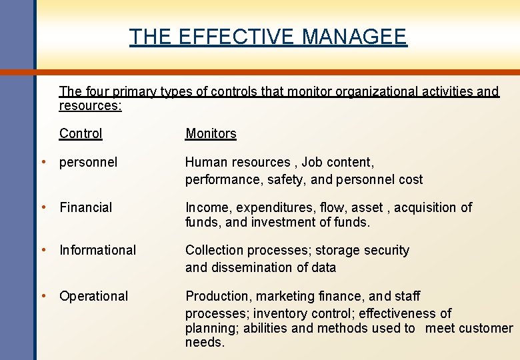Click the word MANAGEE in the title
point(354,37)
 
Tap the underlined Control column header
point(81,133)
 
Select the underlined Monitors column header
point(211,133)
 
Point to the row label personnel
point(88,162)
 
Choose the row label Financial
point(86,207)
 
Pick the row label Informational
point(97,250)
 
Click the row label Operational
point(93,296)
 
